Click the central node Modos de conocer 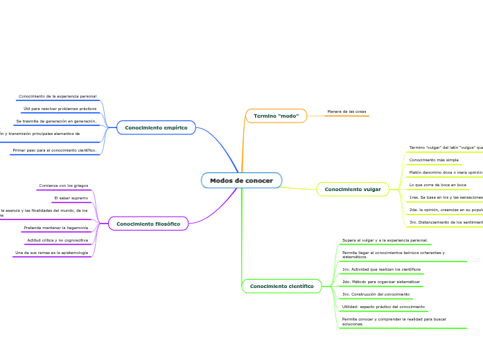point(241,181)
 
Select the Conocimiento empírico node point(156,127)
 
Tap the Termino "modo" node point(276,116)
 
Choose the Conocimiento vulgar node point(353,189)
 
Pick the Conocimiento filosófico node point(148,224)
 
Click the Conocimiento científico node point(281,286)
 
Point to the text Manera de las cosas point(346,111)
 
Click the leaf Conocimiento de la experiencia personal point(58,96)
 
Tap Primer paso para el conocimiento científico point(55,150)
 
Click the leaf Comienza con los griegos point(64,186)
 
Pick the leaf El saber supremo point(71,198)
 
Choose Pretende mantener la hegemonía point(56,228)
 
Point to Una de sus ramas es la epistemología point(52,253)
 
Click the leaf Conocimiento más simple point(434,160)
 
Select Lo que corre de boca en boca point(437,185)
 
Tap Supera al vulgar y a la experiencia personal point(385,240)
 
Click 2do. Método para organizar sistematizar point(381,282)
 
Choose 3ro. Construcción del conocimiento point(376,294)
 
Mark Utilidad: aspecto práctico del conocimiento point(384,307)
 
